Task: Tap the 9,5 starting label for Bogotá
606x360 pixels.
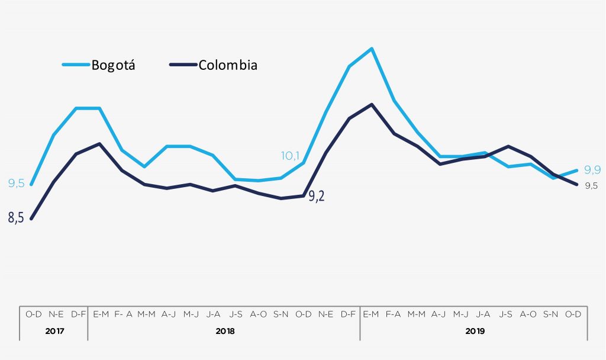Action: [x=16, y=184]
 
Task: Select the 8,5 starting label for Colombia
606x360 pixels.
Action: [x=16, y=218]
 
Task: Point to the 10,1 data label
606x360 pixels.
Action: [x=290, y=156]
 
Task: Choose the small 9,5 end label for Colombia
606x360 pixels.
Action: [x=591, y=186]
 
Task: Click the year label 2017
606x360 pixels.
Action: [x=54, y=331]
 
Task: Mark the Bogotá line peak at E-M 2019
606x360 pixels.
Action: [x=371, y=49]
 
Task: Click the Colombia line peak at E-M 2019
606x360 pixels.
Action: [x=371, y=104]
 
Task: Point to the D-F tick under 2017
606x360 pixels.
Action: [x=77, y=314]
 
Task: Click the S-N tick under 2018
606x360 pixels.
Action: [x=281, y=314]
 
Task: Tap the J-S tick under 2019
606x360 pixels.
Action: [x=507, y=314]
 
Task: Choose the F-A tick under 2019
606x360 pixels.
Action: [x=394, y=314]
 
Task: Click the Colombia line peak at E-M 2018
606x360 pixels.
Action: [x=99, y=143]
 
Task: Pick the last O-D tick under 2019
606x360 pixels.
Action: [x=574, y=314]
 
